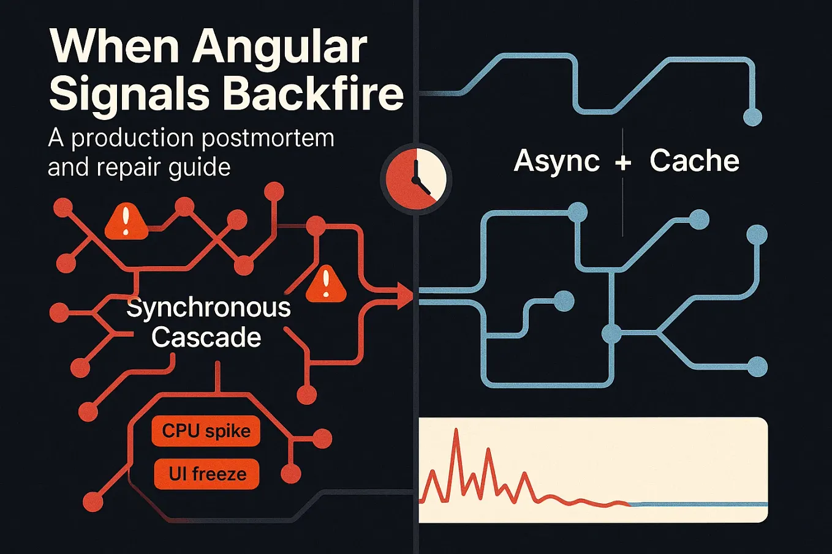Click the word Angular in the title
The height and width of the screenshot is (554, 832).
pos(280,48)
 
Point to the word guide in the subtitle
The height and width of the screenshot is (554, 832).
pos(201,167)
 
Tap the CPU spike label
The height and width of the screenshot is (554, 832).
pos(206,431)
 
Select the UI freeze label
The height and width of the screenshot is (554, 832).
pos(207,474)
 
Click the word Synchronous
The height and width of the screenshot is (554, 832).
pos(208,308)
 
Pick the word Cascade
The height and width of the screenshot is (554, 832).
pos(206,337)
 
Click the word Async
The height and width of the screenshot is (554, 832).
pos(556,161)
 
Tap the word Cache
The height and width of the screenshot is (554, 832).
pos(694,161)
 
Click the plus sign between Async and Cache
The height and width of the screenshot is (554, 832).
pos(623,162)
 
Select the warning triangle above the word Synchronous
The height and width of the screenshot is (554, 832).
pos(325,285)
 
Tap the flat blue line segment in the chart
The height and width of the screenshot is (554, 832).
pos(698,504)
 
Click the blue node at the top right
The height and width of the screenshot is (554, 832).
pos(752,117)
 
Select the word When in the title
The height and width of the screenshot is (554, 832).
pos(114,48)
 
